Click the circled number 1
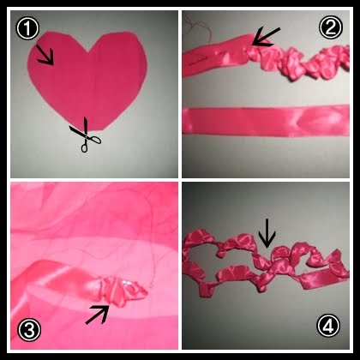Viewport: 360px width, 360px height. (27, 29)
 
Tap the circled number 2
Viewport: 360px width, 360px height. (330, 27)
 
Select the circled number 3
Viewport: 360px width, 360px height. (29, 330)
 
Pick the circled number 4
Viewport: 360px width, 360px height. (328, 325)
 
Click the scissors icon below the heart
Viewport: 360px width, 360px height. (85, 135)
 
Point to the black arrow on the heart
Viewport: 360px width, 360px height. (45, 55)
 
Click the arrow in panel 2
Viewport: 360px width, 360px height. (266, 37)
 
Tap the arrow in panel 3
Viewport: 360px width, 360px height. (98, 314)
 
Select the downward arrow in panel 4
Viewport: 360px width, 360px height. (267, 233)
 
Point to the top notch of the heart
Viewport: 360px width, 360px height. (89, 52)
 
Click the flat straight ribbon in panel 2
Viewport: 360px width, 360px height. (266, 121)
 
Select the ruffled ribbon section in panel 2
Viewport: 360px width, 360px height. (297, 63)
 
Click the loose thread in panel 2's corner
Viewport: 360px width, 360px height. (197, 27)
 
